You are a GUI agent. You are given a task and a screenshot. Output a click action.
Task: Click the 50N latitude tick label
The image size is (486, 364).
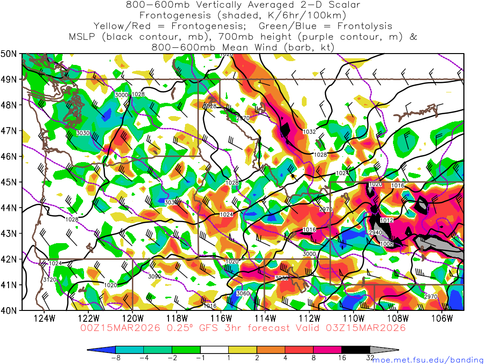click(x=9, y=54)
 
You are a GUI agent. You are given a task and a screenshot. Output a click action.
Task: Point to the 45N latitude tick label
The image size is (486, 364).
click(x=9, y=182)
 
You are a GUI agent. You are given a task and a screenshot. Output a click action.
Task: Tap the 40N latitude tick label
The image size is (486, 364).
click(x=9, y=310)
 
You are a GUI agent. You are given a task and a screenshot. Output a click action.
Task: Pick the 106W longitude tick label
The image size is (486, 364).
click(x=442, y=318)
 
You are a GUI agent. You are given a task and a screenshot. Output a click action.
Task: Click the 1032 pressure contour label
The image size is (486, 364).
click(x=309, y=132)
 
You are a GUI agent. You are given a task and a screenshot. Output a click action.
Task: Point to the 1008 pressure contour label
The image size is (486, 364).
click(x=387, y=244)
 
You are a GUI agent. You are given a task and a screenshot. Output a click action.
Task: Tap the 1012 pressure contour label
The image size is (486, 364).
click(x=387, y=220)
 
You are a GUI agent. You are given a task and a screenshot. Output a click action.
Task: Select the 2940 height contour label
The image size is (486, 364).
click(x=375, y=233)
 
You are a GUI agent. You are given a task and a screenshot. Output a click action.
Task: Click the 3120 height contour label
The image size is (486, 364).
click(x=50, y=280)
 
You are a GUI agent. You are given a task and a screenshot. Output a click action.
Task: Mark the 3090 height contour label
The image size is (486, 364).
click(x=155, y=276)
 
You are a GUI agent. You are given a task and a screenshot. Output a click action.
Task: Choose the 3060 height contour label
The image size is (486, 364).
click(x=243, y=294)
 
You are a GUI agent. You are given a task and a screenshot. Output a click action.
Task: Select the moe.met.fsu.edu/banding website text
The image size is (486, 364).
click(x=429, y=360)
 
